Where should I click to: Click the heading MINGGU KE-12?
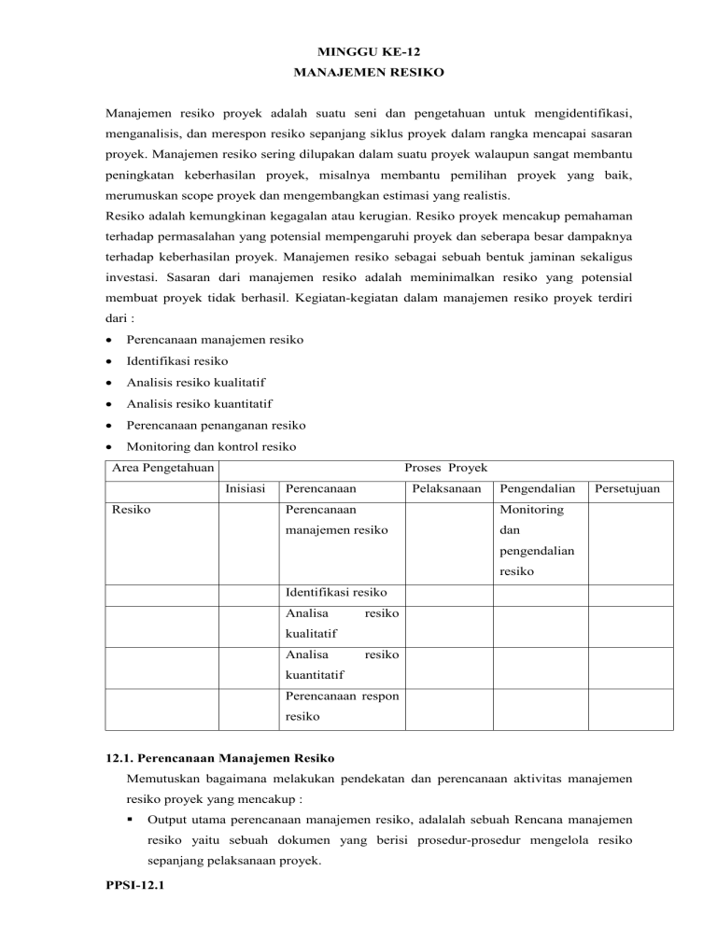point(358,54)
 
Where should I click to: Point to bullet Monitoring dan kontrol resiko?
point(204,448)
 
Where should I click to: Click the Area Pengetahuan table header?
point(162,466)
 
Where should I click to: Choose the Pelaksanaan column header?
point(446,487)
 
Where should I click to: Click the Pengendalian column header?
point(538,487)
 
